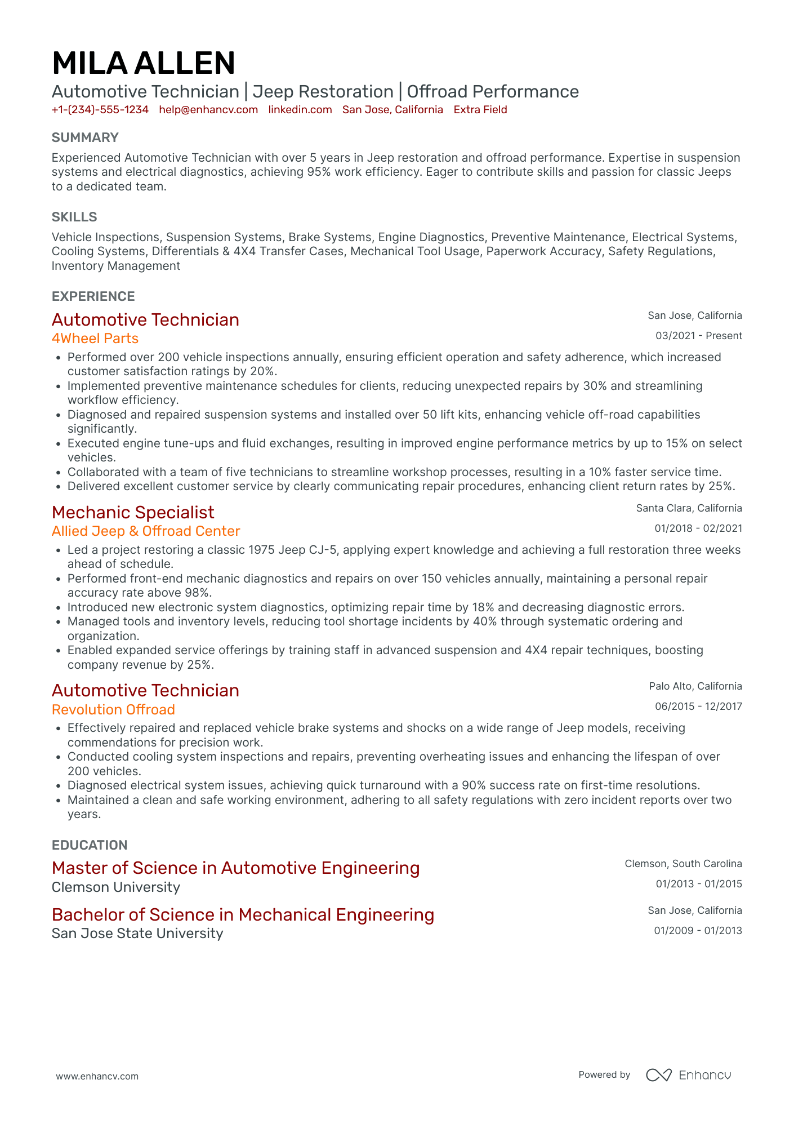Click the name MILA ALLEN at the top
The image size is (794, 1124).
click(x=144, y=63)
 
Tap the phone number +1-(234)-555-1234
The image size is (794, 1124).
click(x=100, y=110)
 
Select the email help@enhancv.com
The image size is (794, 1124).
click(x=208, y=110)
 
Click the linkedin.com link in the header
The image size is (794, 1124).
click(x=300, y=110)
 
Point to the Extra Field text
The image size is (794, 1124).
click(x=480, y=110)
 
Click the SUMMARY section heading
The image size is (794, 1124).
click(x=85, y=137)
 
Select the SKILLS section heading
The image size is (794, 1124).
click(x=74, y=217)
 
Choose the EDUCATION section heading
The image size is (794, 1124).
click(x=90, y=845)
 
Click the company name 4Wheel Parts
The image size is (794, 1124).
click(x=95, y=339)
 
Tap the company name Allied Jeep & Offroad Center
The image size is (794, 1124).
click(x=146, y=531)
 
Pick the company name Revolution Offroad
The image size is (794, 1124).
click(x=113, y=709)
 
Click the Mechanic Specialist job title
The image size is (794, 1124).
click(x=133, y=512)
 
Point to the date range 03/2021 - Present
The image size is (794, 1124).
click(x=698, y=336)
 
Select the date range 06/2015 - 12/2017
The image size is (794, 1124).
click(x=698, y=707)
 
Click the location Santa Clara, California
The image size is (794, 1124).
click(x=689, y=508)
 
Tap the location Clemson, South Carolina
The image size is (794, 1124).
click(x=683, y=864)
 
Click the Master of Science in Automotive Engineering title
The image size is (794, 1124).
click(x=235, y=868)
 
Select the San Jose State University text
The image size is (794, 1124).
click(x=137, y=934)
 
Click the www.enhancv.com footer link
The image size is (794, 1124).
click(x=97, y=1076)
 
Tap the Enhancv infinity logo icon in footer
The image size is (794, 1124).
click(x=658, y=1075)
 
